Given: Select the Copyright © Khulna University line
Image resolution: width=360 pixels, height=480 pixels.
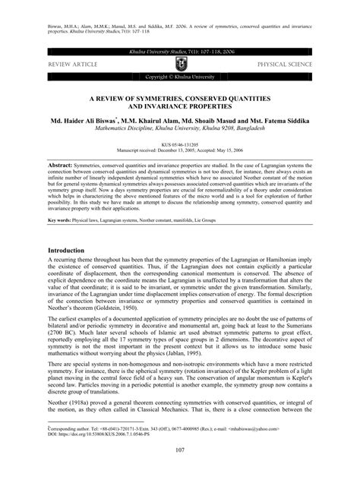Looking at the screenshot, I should (x=179, y=77).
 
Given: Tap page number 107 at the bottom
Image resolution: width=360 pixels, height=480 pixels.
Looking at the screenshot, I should (x=179, y=454).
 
